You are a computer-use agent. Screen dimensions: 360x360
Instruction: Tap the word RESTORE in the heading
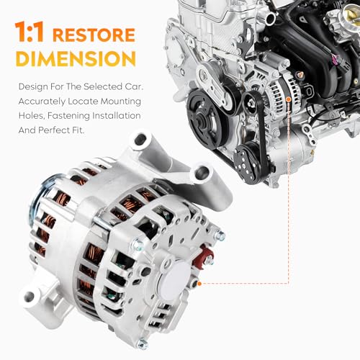click(93, 35)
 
